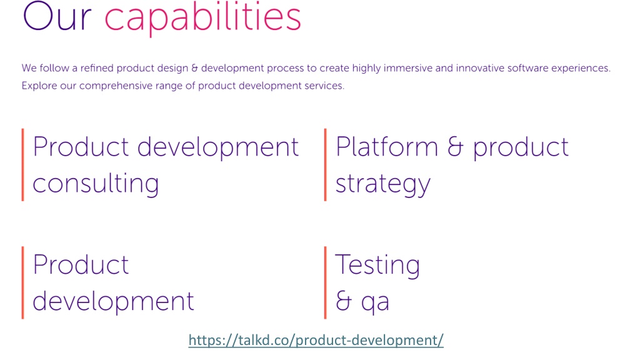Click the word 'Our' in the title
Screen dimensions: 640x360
(x=57, y=17)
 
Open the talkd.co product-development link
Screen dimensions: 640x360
(x=316, y=340)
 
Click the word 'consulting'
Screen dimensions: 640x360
(x=96, y=183)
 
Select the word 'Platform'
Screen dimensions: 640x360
(x=386, y=146)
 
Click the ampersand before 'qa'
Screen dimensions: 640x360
(x=344, y=301)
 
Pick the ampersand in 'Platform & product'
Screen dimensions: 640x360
(x=456, y=146)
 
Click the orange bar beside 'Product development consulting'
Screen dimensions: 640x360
(x=23, y=165)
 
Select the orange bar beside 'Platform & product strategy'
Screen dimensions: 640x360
(x=325, y=165)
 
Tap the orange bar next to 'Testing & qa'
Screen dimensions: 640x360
(x=325, y=282)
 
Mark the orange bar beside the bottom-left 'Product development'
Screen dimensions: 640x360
(x=23, y=282)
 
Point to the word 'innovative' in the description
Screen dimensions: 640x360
(x=480, y=68)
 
